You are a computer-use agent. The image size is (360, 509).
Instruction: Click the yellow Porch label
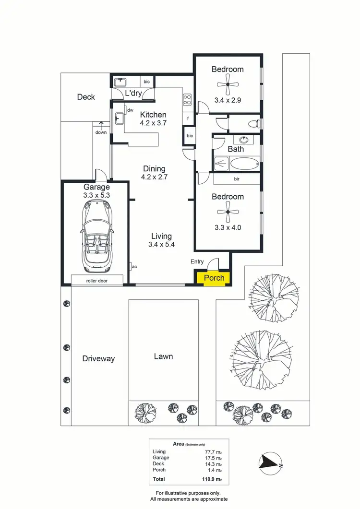(214, 278)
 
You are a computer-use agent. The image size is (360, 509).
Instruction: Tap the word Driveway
(98, 358)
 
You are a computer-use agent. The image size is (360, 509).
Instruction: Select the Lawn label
(163, 356)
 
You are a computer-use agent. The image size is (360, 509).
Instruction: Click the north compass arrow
(270, 462)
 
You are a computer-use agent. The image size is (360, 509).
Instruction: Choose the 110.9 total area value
(212, 479)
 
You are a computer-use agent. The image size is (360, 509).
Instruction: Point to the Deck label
(86, 97)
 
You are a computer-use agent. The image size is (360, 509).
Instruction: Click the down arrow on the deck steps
(101, 126)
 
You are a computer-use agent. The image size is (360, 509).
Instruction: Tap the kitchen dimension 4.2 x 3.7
(153, 123)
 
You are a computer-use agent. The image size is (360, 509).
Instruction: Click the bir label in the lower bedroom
(237, 179)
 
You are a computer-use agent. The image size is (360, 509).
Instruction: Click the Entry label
(197, 261)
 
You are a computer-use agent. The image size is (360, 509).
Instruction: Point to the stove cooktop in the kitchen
(187, 99)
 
